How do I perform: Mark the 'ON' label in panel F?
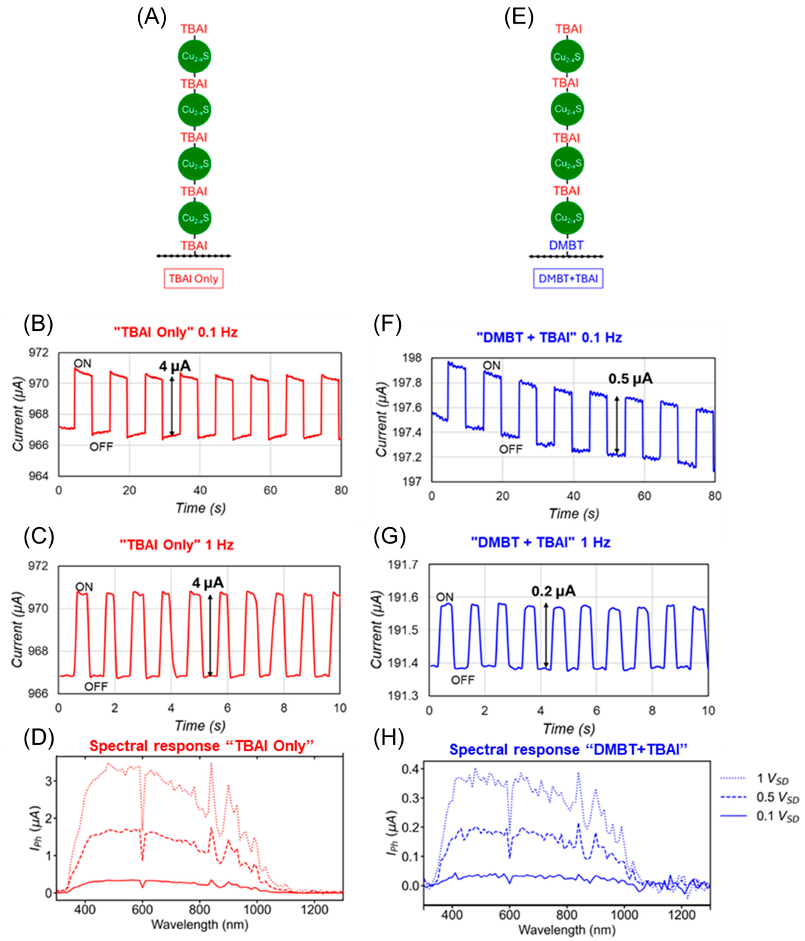point(491,366)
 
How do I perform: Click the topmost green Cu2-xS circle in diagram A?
point(194,57)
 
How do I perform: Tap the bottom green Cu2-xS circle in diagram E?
point(567,218)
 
